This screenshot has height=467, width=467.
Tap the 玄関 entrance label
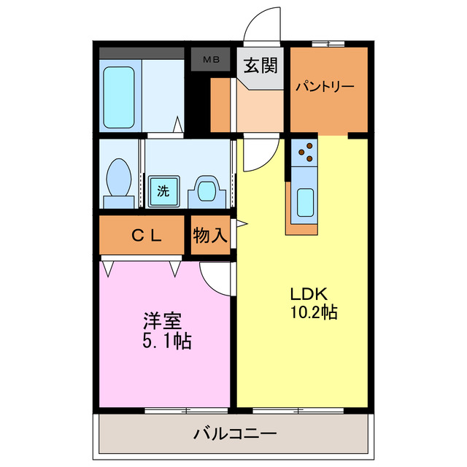260,66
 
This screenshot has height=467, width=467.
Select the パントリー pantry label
325,87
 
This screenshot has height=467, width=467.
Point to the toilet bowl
118,179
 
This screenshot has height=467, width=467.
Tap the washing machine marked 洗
163,192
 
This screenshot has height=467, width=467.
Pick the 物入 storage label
210,235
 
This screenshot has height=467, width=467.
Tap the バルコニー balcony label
235,434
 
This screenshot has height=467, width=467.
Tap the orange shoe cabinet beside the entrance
220,106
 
